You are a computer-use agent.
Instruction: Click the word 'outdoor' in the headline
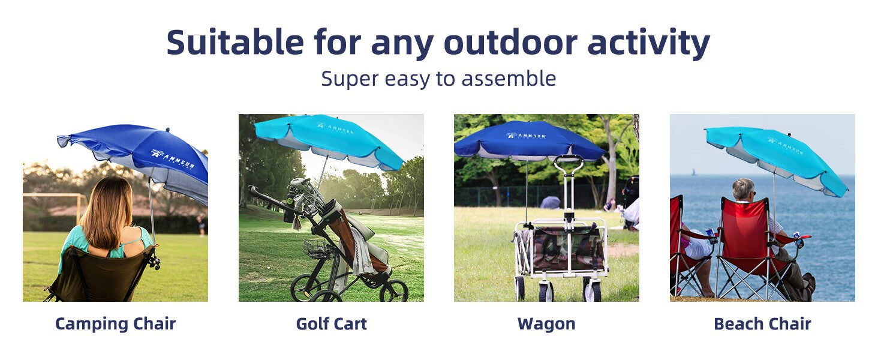point(510,42)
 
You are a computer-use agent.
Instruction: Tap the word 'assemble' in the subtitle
point(509,79)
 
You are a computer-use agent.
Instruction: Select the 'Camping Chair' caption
point(115,325)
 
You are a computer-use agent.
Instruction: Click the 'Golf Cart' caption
point(331,324)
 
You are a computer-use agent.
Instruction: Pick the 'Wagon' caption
point(546,325)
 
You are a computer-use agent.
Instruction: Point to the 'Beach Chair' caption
point(762,324)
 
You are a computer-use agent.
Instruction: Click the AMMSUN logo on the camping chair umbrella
point(173,159)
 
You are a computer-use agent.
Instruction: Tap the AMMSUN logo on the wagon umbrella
point(525,136)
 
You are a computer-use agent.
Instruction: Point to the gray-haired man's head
point(744,189)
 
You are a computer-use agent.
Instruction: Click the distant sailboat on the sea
point(694,172)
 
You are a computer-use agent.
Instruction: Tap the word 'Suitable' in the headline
point(235,42)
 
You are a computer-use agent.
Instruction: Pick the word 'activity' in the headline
point(649,42)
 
